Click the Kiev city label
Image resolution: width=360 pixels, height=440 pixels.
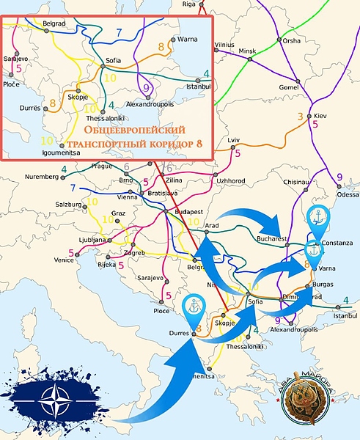tap(320, 116)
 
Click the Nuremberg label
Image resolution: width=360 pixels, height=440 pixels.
tap(42, 177)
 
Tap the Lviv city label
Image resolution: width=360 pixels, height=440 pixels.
tap(234, 139)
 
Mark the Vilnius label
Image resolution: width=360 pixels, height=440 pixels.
tap(224, 45)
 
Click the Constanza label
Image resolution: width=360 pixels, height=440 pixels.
tap(338, 243)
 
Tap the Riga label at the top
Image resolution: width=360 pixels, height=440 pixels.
tap(189, 4)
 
